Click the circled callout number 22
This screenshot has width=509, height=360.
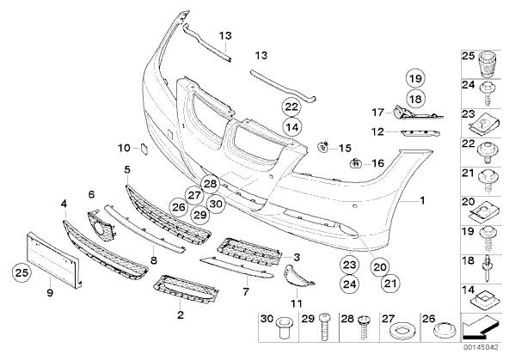pos(291,107)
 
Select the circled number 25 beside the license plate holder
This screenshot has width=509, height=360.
pos(22,272)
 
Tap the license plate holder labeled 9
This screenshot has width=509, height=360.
pos(54,259)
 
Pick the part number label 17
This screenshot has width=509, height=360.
pos(377,113)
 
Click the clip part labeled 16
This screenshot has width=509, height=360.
pos(356,162)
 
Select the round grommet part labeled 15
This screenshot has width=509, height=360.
pos(323,147)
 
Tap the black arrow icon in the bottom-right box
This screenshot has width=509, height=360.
pos(480,328)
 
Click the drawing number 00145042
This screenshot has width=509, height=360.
pos(481,347)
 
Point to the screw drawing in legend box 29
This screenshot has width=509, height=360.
pos(324,326)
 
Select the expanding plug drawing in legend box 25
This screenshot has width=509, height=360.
pos(487,64)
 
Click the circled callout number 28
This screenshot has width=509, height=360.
pos(210,184)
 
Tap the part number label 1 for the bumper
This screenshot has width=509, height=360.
pos(422,201)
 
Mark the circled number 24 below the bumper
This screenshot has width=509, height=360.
pos(349,284)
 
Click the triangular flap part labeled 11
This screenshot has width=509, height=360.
pos(299,277)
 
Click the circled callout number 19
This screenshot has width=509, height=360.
pos(415,78)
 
